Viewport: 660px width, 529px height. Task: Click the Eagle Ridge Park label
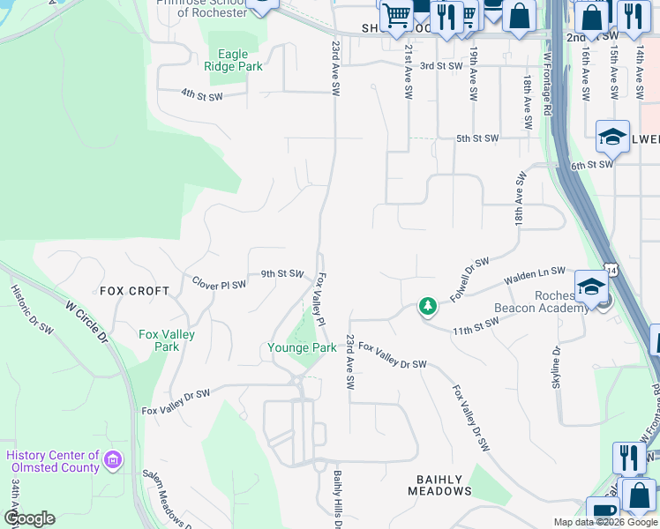tap(233, 60)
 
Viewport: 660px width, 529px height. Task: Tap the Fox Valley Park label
tap(167, 340)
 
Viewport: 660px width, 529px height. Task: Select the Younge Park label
tap(302, 348)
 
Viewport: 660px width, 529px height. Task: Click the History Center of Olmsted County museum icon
tap(112, 459)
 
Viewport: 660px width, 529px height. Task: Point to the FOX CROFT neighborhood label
tap(134, 290)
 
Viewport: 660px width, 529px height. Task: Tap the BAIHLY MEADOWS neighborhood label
tap(439, 485)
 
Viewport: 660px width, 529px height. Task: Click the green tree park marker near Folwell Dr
tap(428, 306)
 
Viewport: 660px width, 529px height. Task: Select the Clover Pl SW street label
tap(220, 283)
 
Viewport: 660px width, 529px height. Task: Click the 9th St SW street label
tap(281, 273)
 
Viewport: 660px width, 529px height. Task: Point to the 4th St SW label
tap(199, 92)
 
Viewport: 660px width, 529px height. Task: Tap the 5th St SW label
tap(477, 138)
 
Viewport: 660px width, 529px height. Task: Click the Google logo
tap(30, 518)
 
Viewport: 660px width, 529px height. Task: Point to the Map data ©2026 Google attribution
tap(604, 522)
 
